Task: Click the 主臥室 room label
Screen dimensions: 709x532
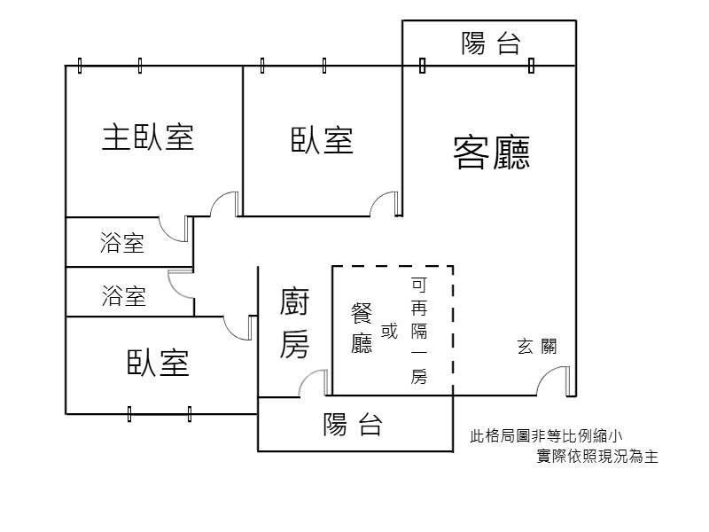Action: [148, 137]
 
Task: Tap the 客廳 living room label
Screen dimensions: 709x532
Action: [492, 153]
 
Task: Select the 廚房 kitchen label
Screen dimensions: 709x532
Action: [294, 323]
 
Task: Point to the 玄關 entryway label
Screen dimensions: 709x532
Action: [537, 346]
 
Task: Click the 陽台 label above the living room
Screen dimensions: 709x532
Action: [491, 43]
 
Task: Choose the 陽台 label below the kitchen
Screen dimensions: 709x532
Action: [353, 424]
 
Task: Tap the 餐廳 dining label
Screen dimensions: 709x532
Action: [362, 327]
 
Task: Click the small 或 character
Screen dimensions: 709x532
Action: [389, 331]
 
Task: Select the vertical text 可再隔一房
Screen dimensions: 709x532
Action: [418, 331]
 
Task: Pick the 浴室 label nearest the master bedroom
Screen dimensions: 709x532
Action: [122, 242]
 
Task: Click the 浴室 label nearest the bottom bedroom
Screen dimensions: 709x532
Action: [123, 296]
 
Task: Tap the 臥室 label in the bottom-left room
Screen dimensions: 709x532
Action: [158, 363]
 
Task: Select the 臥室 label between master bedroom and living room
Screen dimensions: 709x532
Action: [322, 140]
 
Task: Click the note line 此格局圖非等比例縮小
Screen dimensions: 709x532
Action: [546, 436]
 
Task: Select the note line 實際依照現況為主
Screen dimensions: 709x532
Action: [597, 456]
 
